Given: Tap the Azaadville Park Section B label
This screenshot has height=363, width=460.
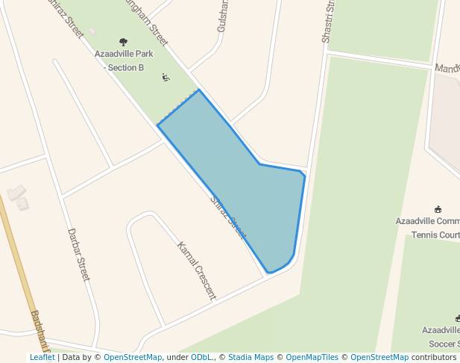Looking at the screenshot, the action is click(124, 60).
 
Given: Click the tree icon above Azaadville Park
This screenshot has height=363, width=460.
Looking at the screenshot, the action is click(124, 42).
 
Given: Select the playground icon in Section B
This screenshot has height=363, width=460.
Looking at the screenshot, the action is click(166, 77).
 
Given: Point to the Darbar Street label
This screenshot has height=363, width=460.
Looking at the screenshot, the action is click(78, 255).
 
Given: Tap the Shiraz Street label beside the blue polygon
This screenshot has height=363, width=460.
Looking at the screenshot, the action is click(228, 217).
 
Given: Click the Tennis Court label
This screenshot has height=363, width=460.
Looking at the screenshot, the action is click(436, 235).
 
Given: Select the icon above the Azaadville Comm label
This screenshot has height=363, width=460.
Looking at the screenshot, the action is click(438, 209).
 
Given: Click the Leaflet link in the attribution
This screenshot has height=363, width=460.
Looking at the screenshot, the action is click(42, 357).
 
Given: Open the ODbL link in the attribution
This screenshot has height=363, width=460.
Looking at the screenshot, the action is click(201, 357).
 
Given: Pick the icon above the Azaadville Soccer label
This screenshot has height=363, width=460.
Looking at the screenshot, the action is click(458, 318).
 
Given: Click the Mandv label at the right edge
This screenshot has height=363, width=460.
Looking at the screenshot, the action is click(447, 67).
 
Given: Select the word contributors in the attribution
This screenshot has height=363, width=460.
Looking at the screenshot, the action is click(434, 357).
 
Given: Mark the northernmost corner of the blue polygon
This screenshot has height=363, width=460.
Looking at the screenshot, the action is click(199, 90).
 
